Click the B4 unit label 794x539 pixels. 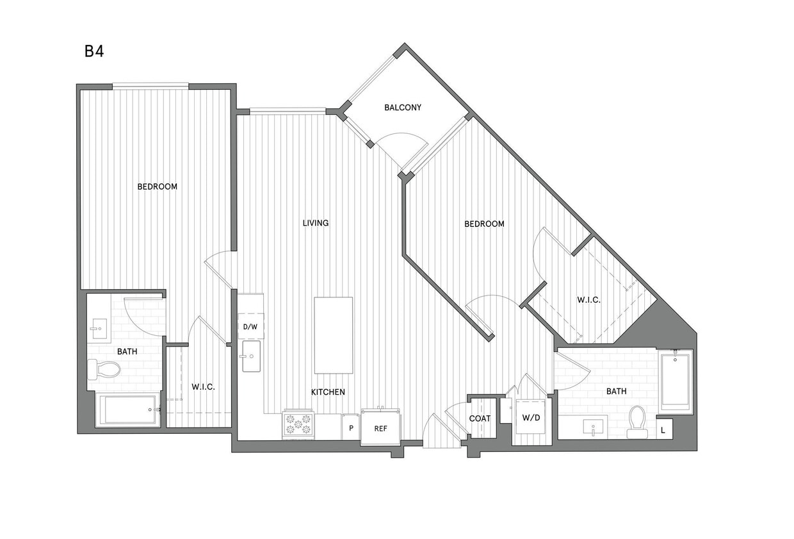click(x=94, y=51)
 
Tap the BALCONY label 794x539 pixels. click(x=403, y=107)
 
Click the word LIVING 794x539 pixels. click(x=316, y=223)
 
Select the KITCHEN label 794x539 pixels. click(x=328, y=392)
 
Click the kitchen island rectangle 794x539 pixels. click(x=333, y=335)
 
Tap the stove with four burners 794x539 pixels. click(x=298, y=424)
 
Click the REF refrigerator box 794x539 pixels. click(x=380, y=427)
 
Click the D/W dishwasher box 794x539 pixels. click(x=250, y=326)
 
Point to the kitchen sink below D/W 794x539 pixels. click(x=250, y=356)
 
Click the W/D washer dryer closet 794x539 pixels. click(x=531, y=418)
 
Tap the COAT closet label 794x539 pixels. click(x=480, y=418)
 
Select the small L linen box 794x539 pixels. click(x=663, y=429)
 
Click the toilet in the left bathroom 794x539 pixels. click(x=104, y=369)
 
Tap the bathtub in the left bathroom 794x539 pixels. click(x=128, y=410)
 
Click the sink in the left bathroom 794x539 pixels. click(x=99, y=330)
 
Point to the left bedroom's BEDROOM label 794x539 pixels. click(x=157, y=187)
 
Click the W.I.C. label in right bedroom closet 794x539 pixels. click(x=588, y=299)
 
